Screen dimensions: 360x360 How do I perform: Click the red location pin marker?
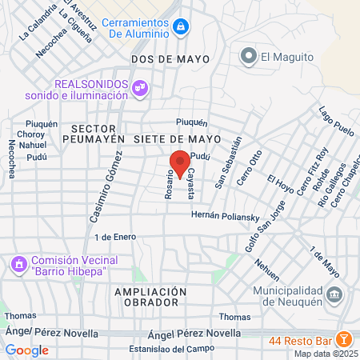tap(180, 161)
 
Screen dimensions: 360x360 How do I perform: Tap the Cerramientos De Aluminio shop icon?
tap(182, 27)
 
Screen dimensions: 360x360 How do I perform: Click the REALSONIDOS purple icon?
tap(141, 87)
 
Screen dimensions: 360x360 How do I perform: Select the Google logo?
tap(26, 350)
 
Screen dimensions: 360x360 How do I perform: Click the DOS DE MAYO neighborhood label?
tap(170, 59)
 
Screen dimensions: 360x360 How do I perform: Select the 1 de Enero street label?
tap(114, 238)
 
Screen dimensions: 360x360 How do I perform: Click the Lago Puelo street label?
tap(336, 120)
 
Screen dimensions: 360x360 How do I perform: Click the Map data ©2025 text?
tap(325, 353)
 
